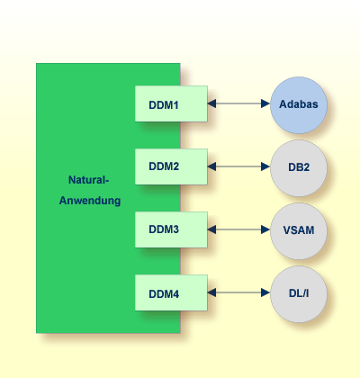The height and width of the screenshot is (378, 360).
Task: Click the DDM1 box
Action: [171, 104]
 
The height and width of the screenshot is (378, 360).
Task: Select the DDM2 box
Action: [171, 166]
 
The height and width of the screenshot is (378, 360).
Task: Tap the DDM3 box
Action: [171, 229]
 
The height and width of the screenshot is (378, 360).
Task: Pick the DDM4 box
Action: [171, 292]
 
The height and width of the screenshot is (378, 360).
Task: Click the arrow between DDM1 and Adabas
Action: [238, 104]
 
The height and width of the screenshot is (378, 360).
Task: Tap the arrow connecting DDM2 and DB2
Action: [238, 166]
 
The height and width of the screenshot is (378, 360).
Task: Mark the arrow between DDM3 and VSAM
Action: [238, 229]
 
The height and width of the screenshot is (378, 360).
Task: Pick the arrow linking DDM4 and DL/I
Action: [238, 292]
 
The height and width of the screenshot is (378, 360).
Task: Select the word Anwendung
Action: [90, 199]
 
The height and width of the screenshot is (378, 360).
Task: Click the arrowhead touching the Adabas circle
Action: [265, 104]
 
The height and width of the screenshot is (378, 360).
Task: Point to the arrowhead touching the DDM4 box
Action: [212, 292]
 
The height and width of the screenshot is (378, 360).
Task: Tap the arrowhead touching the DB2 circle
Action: [265, 166]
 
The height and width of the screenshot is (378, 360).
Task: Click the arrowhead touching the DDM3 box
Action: [212, 229]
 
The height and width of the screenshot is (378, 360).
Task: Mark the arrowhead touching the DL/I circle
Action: [265, 292]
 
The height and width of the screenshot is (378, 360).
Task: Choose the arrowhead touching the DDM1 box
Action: [212, 104]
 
